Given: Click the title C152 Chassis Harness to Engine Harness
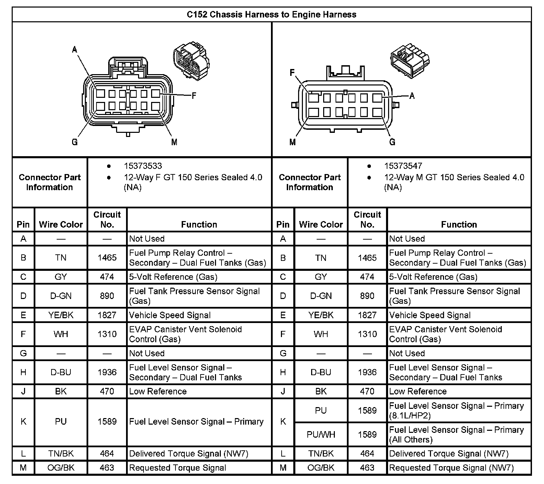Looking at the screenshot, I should point(271,14).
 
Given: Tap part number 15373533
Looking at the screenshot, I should point(143,166).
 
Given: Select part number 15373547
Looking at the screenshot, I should point(403,166).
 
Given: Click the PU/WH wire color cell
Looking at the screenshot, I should point(321,435).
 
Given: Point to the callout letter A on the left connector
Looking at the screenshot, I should point(75,50).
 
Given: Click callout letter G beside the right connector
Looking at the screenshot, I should point(392,142).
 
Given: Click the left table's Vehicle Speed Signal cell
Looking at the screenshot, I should point(170,315).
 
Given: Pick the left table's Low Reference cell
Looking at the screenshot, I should point(158,391).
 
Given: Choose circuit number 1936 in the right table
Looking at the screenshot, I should point(367,372).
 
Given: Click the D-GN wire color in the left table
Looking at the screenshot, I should point(61,296).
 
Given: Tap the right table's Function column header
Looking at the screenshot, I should point(459,224).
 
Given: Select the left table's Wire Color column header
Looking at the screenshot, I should point(61,224).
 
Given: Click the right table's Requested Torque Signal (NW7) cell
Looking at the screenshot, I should point(451,468).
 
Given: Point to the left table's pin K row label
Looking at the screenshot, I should point(23,422).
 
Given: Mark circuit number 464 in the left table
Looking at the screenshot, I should point(107,453).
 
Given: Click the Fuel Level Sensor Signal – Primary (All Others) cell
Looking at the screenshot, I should point(456,435).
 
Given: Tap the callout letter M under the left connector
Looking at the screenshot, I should point(174,142).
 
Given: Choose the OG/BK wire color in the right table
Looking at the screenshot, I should point(321,468).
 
